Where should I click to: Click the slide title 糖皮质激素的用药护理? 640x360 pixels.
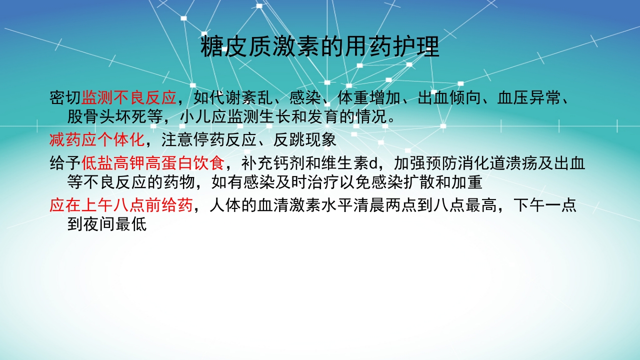pyautogui.click(x=319, y=47)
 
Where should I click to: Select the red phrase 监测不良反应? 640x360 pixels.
pyautogui.click(x=129, y=97)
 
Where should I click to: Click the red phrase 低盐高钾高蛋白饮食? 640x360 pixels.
pyautogui.click(x=153, y=162)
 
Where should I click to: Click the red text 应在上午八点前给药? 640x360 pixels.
pyautogui.click(x=121, y=205)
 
